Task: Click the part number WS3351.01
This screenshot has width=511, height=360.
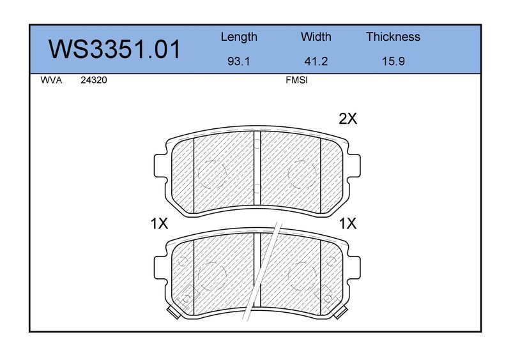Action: (114, 49)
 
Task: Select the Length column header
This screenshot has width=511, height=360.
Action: (239, 37)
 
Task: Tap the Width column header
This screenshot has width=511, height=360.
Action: (316, 36)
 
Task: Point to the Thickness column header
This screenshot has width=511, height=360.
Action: (393, 36)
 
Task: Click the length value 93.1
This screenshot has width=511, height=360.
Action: (238, 61)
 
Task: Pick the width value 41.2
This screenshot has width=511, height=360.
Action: (316, 61)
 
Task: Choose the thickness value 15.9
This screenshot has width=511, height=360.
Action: (393, 61)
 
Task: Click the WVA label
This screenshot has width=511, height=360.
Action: (51, 80)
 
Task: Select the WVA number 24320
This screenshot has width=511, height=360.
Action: (94, 80)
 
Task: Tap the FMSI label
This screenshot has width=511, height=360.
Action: (296, 80)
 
